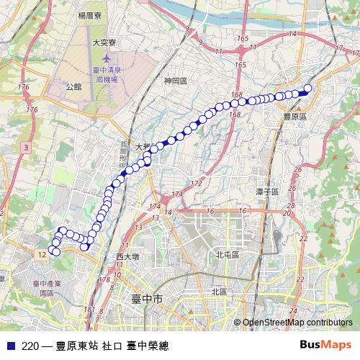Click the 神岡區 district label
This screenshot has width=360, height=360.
175,81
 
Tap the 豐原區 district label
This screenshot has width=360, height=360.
294,115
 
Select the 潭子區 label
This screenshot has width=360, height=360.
267,192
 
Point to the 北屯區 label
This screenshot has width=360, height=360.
227,255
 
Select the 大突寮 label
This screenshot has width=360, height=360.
104,43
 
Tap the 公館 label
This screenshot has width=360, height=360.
73,86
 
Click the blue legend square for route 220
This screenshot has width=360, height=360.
10,345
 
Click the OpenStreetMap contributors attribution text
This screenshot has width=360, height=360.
297,323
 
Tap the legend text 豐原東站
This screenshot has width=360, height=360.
77,346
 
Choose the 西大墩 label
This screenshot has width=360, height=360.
127,256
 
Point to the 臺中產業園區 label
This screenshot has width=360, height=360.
46,289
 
